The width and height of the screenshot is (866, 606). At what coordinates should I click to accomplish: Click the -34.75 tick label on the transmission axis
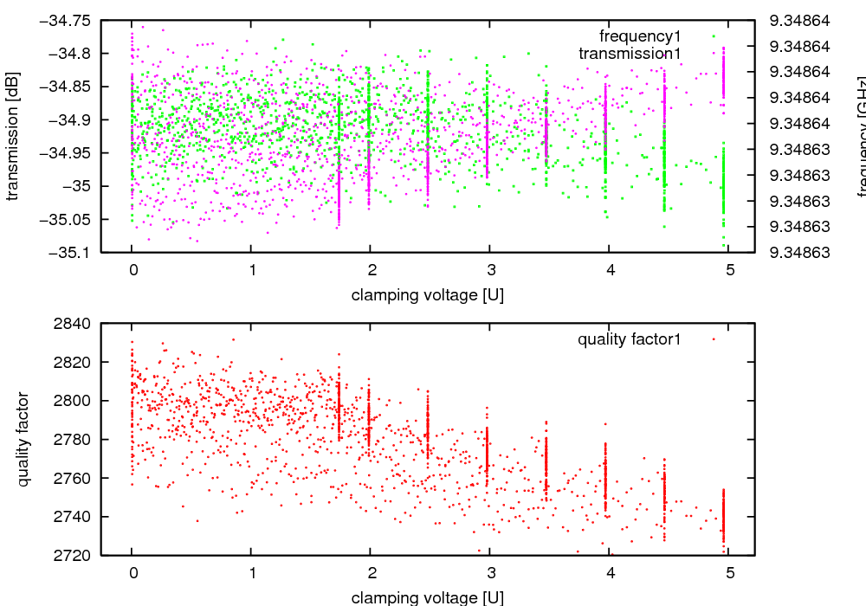tap(68, 20)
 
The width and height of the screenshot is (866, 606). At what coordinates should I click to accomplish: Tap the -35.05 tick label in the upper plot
tap(68, 219)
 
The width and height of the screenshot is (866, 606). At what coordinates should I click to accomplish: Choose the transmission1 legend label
tap(630, 54)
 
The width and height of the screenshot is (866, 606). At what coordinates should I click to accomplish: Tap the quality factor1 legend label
tap(630, 339)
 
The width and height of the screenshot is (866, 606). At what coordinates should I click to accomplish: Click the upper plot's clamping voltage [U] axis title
tap(428, 295)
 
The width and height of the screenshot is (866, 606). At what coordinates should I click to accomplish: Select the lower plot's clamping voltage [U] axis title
tap(428, 597)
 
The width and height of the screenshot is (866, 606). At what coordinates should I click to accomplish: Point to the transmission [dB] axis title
tap(12, 136)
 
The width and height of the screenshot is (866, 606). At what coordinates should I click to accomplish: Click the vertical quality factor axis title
tap(23, 439)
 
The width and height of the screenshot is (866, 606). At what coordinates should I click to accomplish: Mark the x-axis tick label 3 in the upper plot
tap(490, 270)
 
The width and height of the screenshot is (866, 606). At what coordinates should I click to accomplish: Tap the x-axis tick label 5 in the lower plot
tap(729, 572)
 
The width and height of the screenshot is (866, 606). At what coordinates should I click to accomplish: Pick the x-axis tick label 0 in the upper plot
tap(132, 270)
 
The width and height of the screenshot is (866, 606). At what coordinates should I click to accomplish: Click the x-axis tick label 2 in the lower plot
tap(371, 572)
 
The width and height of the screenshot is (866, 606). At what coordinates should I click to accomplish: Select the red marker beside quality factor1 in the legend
tap(713, 339)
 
